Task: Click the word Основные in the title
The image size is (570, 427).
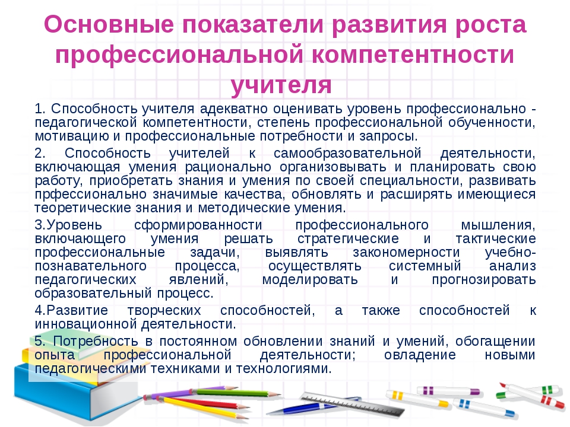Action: pos(109,25)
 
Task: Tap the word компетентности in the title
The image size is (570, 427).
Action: pos(413,55)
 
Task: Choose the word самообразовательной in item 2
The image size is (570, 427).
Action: pos(347,153)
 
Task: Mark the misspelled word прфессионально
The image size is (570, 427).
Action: pos(90,195)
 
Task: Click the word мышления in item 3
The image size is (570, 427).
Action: pos(498,225)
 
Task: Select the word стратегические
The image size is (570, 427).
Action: pos(348,239)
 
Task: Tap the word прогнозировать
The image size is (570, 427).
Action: pos(483,280)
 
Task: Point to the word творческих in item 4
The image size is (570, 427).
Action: pos(164,311)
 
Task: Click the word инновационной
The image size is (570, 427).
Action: pos(85,324)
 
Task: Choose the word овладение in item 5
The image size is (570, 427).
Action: pos(420,355)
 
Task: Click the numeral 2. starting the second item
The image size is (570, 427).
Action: pos(40,153)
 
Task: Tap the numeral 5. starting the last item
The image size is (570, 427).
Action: pos(40,342)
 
